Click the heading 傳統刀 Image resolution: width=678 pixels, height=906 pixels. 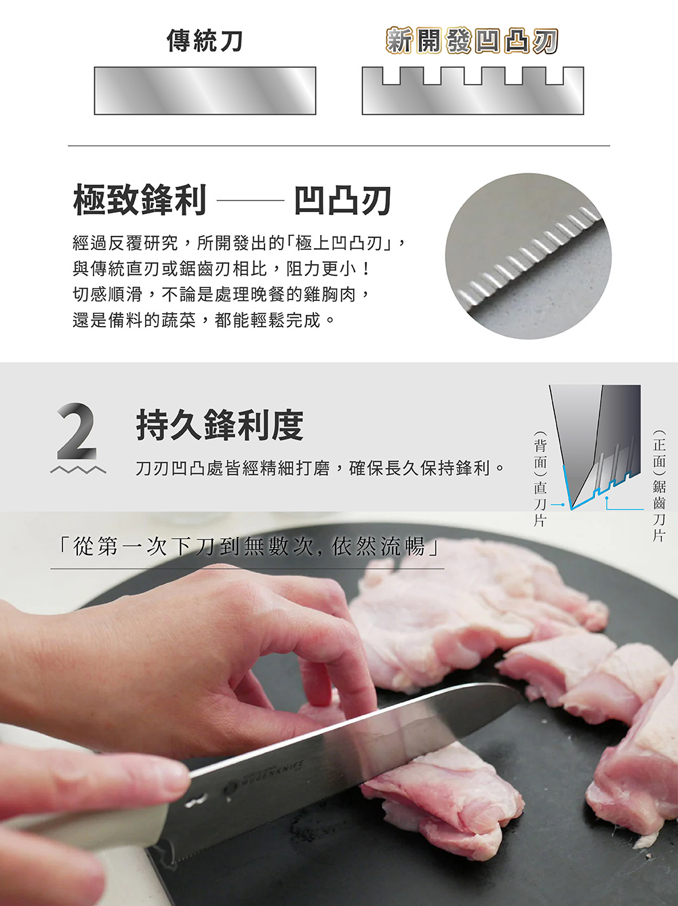(204, 41)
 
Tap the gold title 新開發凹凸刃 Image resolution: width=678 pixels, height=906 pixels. (472, 41)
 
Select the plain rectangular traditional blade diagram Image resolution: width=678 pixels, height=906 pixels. (205, 91)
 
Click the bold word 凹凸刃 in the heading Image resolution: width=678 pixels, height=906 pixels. (342, 201)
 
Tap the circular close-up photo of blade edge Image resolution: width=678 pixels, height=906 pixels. (528, 256)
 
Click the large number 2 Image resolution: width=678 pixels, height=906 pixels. (77, 431)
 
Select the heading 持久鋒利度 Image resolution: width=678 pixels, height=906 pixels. (220, 425)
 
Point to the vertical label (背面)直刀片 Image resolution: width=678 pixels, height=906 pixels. (540, 479)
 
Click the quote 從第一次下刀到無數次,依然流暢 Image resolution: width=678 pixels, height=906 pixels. (247, 546)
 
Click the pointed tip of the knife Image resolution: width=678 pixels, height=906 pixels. (518, 690)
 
